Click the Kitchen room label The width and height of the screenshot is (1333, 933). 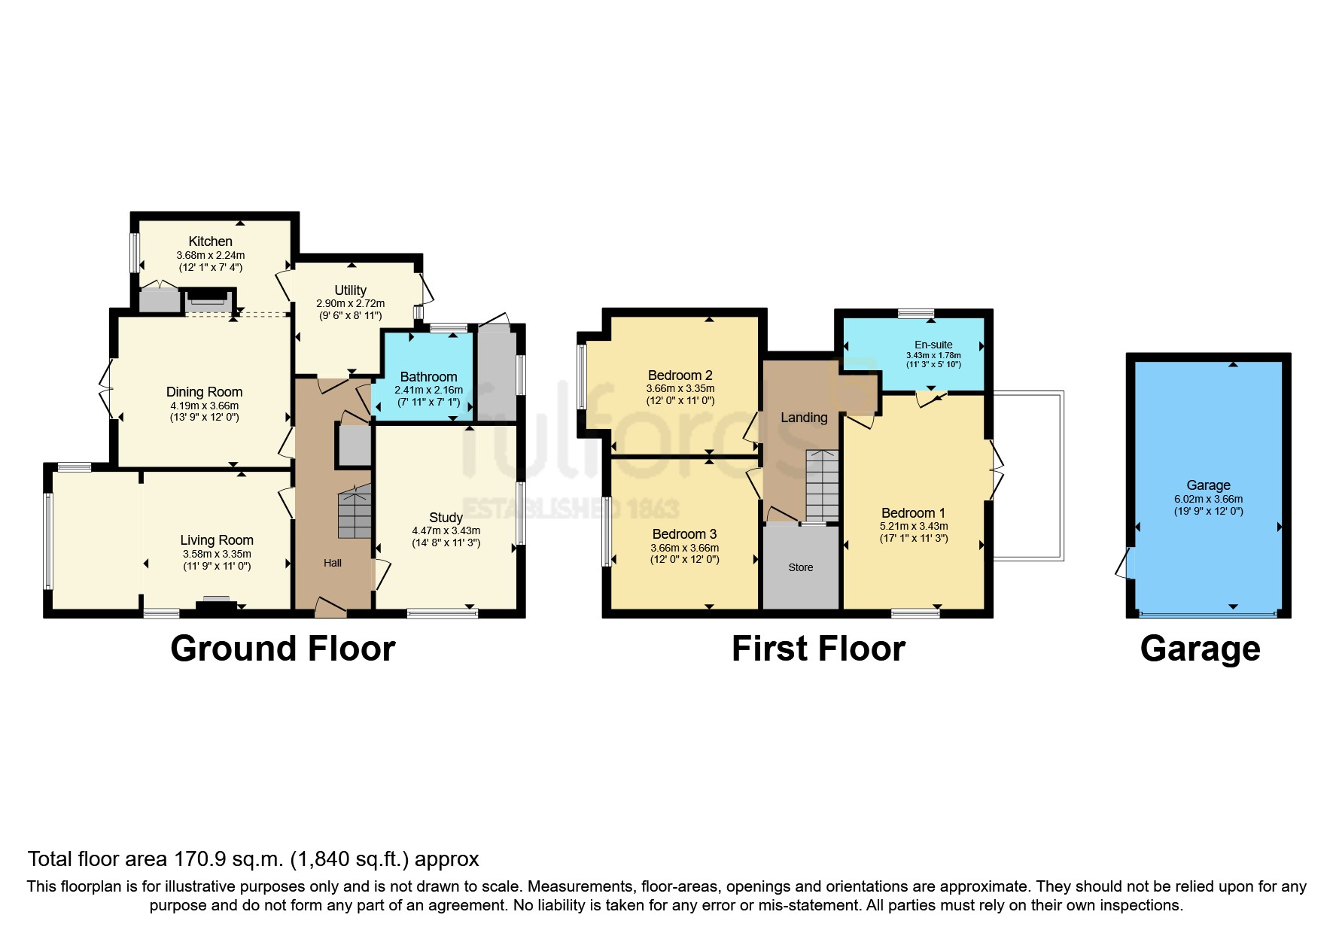(210, 242)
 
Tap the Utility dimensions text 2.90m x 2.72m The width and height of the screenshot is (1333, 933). (350, 304)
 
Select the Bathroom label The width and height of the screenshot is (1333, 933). (428, 377)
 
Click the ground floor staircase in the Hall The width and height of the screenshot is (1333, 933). (355, 513)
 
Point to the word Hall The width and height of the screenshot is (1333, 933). (333, 563)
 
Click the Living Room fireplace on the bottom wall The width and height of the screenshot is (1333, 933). (217, 603)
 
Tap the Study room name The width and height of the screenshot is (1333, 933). (446, 518)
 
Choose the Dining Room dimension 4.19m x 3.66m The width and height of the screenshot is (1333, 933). (204, 406)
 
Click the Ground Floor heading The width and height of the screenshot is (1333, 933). (282, 649)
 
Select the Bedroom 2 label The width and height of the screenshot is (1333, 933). (680, 375)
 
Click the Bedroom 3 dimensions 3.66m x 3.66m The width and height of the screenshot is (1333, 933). (684, 548)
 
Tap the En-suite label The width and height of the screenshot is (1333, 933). (933, 345)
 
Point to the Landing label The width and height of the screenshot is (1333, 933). (803, 418)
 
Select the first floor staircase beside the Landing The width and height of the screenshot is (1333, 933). (822, 485)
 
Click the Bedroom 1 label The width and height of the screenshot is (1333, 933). (913, 513)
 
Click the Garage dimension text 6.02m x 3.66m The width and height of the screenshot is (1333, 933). (1208, 499)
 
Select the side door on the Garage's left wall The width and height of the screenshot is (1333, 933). (1125, 564)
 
